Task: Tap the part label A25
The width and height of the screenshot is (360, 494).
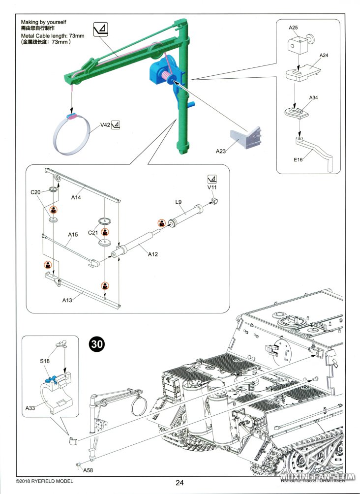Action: click(294, 29)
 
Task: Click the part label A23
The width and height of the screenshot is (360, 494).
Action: click(221, 152)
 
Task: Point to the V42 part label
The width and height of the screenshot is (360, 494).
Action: click(105, 125)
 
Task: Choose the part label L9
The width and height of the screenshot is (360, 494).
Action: click(180, 202)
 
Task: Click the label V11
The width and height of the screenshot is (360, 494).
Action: click(212, 187)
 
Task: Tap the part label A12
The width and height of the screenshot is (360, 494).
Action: click(153, 254)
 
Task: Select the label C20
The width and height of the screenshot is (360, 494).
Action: click(35, 192)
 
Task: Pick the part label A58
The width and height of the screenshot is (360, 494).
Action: click(88, 470)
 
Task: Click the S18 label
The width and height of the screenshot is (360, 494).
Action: click(45, 362)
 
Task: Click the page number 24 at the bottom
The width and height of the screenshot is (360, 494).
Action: click(180, 483)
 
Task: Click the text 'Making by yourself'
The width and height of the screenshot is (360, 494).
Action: click(43, 22)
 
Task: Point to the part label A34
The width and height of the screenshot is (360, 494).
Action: click(313, 98)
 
